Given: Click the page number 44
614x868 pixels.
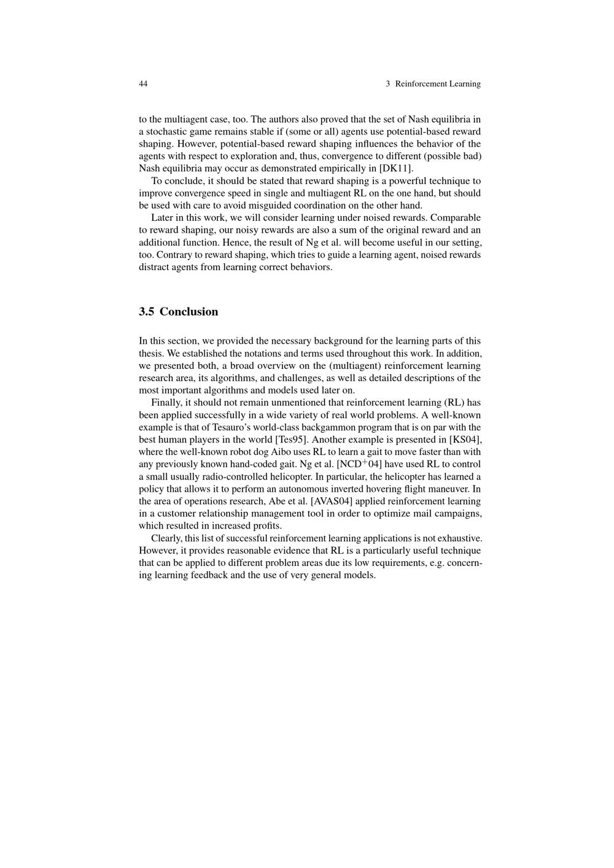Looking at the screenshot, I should [x=143, y=83].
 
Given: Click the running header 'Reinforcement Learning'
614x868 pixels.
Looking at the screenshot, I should [x=438, y=83].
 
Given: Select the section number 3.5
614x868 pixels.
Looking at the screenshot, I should [x=146, y=312].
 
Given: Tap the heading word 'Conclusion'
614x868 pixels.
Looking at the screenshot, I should [x=188, y=312].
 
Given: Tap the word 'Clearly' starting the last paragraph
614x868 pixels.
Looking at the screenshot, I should [x=166, y=538].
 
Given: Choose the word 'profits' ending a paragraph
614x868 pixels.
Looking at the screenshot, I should [x=266, y=525].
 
